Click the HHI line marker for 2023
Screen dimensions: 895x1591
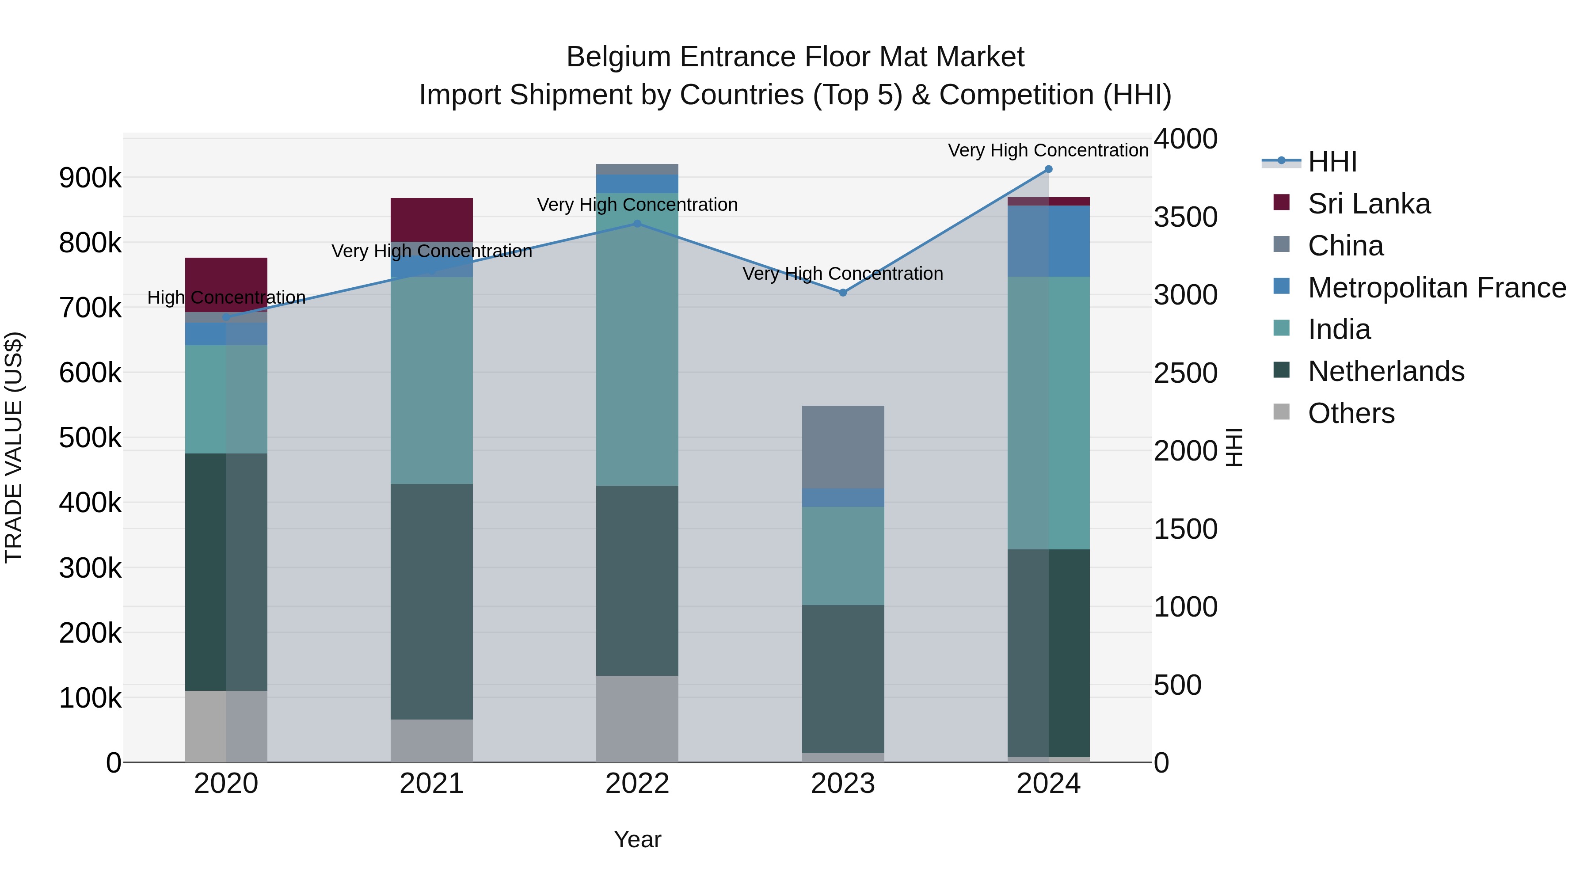tap(843, 293)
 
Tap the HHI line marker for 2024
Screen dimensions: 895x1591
tap(1048, 169)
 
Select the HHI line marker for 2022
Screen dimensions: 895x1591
tap(637, 224)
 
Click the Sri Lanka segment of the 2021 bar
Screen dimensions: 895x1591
tap(432, 219)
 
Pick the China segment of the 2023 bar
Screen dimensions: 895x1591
tap(843, 446)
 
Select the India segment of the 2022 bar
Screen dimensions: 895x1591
tap(637, 340)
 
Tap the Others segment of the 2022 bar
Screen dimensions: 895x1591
tap(637, 718)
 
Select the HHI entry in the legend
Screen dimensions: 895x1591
tap(1332, 162)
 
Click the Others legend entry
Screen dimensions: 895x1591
tap(1351, 413)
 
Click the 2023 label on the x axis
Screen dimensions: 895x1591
tap(843, 784)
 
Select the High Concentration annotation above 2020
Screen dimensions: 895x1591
tap(226, 298)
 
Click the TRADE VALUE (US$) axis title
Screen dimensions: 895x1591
tap(14, 447)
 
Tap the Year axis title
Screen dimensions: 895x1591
tap(637, 839)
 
